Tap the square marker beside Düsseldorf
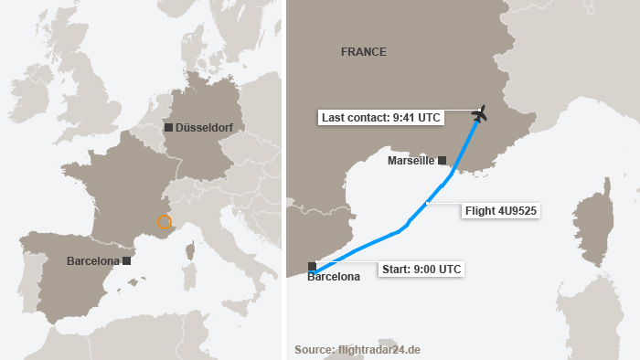click(x=169, y=128)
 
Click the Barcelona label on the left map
click(x=93, y=261)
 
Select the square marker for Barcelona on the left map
click(x=127, y=260)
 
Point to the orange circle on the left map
click(x=165, y=222)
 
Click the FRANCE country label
click(x=364, y=52)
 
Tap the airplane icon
click(x=480, y=114)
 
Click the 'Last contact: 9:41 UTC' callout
click(x=392, y=117)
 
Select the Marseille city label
click(x=411, y=161)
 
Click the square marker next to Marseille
click(x=443, y=160)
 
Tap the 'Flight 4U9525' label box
click(x=500, y=211)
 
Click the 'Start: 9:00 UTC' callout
click(x=420, y=269)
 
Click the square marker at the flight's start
click(x=313, y=267)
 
